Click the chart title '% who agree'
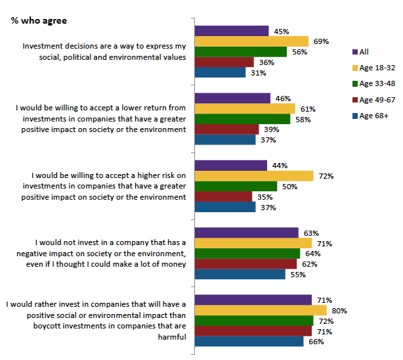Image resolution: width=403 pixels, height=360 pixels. (39, 20)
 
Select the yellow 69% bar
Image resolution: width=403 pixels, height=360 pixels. (251, 41)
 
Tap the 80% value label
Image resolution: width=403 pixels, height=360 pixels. (339, 311)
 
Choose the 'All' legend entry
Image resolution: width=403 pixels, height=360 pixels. (364, 51)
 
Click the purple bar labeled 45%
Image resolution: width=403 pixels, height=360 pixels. (232, 31)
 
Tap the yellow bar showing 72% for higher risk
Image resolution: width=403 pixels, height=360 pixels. (254, 176)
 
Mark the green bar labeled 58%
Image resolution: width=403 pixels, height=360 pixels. (242, 119)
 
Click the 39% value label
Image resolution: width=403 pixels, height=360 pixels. (272, 129)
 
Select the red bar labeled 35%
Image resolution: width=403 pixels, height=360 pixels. (223, 196)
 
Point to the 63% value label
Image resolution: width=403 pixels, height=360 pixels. (311, 233)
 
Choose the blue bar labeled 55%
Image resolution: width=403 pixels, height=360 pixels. (240, 275)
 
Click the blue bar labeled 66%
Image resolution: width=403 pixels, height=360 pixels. (249, 342)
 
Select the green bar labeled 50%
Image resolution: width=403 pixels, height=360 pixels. (236, 187)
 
